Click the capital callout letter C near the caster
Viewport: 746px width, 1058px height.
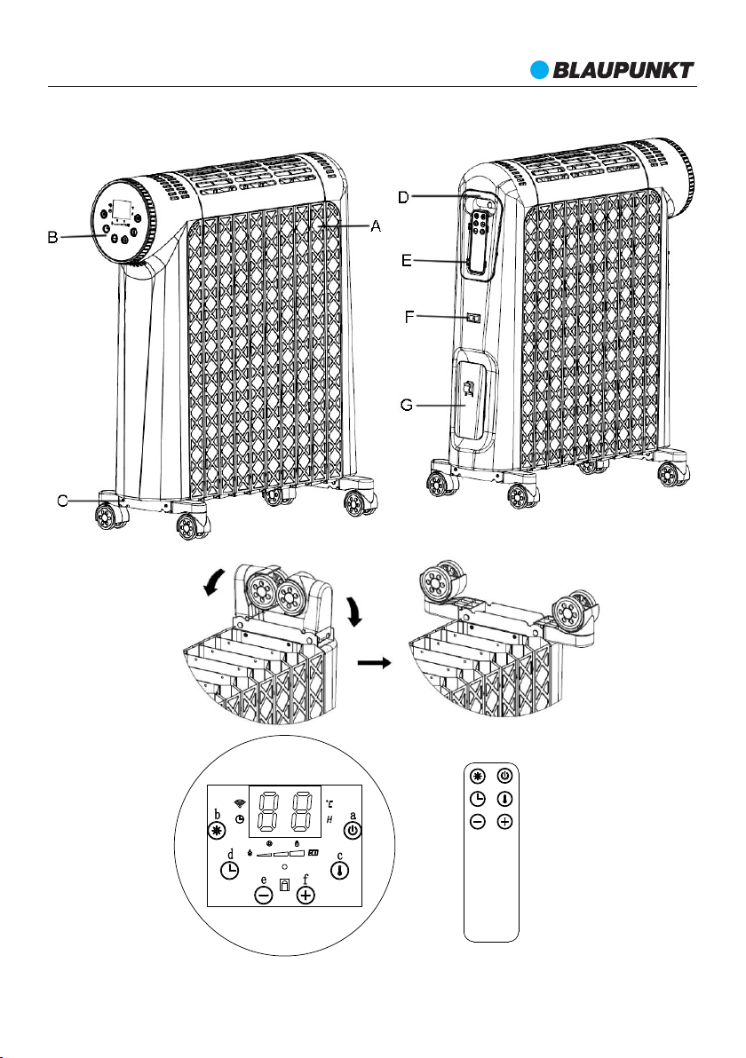point(62,501)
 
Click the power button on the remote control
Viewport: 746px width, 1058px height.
point(504,774)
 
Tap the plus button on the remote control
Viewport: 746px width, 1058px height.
point(504,822)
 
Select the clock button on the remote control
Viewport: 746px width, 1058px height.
point(477,798)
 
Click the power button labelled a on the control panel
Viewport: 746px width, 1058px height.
point(353,831)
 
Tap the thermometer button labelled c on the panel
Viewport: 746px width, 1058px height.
point(340,872)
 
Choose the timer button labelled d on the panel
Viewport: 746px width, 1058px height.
point(229,871)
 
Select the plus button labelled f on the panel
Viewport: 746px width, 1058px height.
point(306,896)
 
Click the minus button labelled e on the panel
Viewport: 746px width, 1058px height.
point(264,896)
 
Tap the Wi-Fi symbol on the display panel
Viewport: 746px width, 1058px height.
point(238,802)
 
